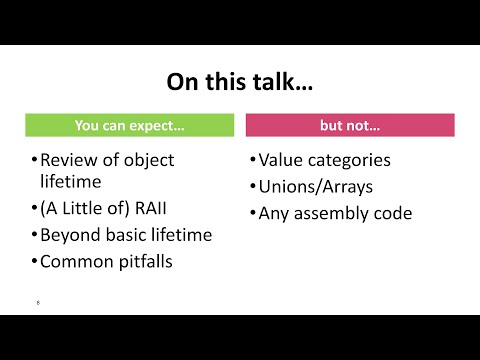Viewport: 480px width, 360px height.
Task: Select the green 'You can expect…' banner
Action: [x=129, y=126]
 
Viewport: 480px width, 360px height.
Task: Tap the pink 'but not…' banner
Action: [x=350, y=126]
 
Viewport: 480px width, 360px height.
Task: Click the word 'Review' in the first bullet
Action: [x=69, y=160]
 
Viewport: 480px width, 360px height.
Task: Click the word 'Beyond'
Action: [x=72, y=236]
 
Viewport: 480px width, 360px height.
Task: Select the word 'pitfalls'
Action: [x=142, y=262]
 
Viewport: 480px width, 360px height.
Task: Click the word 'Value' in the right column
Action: [x=280, y=160]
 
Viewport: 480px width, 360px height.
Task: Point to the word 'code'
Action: [x=391, y=213]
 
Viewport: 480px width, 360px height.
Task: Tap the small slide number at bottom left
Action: [x=36, y=301]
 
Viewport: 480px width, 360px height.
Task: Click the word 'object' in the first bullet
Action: [x=149, y=160]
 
